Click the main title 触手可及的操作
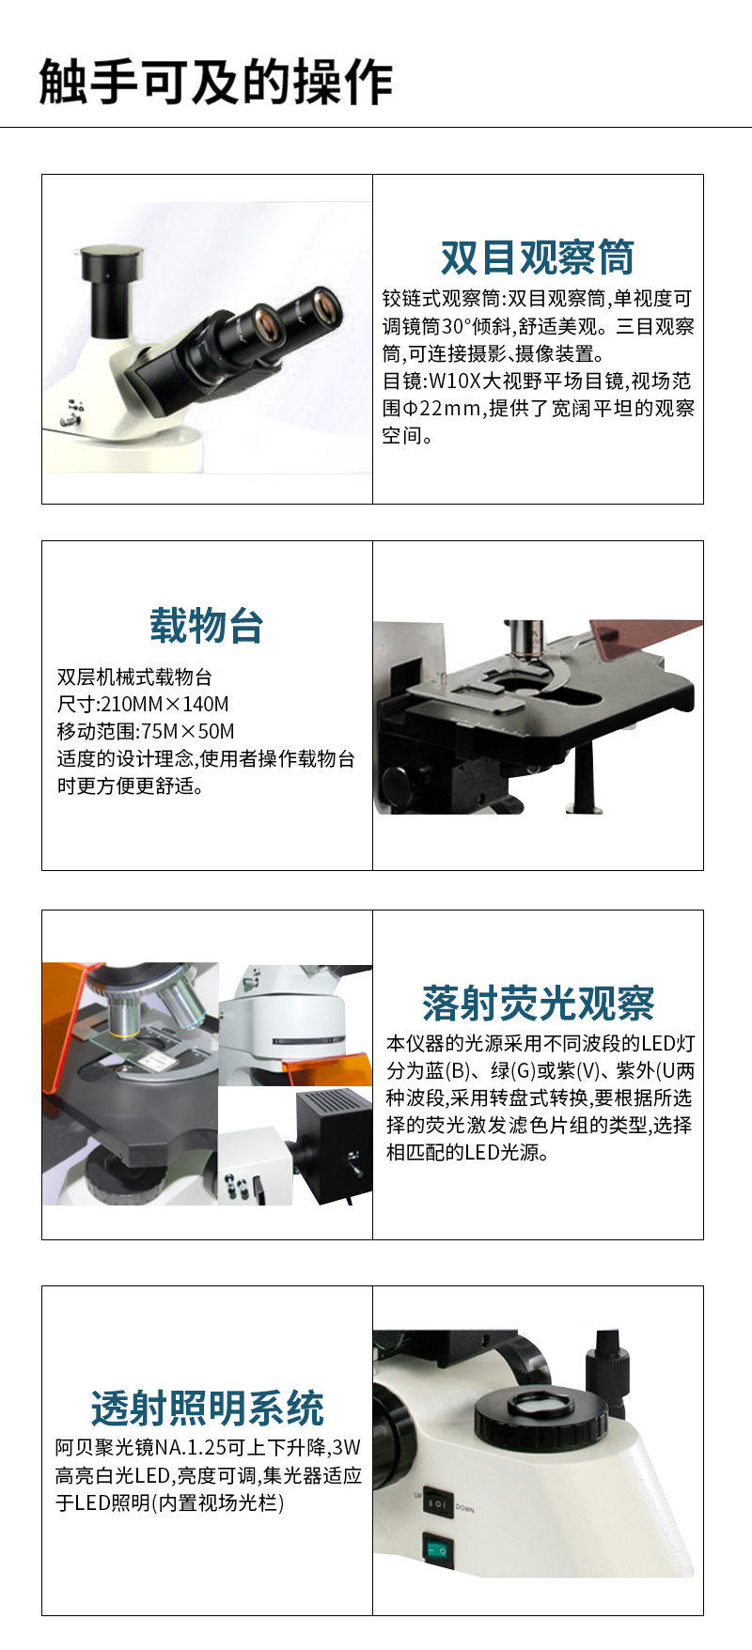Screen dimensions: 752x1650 point(215,82)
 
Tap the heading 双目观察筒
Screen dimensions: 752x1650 point(538,257)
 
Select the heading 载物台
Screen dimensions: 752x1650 point(207,626)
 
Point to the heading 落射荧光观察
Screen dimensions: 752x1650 point(538,1004)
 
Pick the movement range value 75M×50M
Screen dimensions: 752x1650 point(188,732)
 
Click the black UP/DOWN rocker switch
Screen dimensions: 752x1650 point(437,1504)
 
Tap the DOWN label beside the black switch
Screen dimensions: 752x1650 point(465,1508)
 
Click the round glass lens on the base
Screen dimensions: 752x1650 point(540,1406)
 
